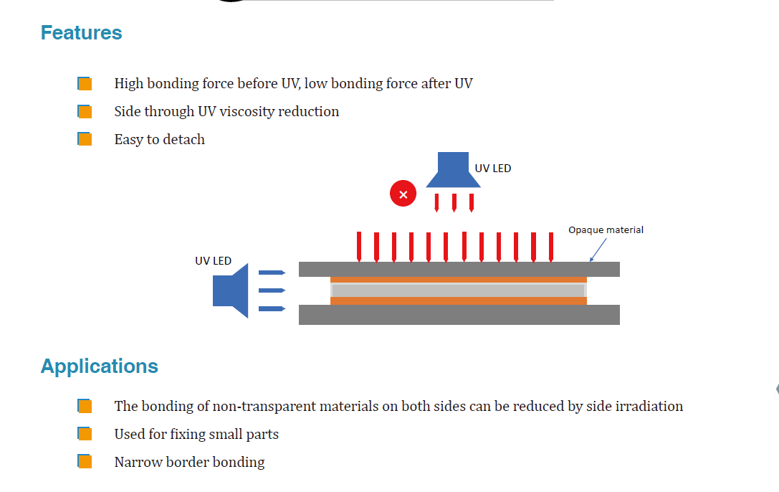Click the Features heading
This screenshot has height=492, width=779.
coord(82,33)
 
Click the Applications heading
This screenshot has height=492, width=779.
coord(100,366)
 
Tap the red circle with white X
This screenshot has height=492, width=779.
coord(403,194)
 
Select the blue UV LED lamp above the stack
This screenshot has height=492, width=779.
coord(453,170)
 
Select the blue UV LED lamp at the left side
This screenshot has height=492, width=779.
coord(231,290)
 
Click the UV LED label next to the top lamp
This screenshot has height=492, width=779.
coord(493,169)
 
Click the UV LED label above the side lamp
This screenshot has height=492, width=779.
coord(213,261)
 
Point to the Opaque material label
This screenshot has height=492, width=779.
coord(606,230)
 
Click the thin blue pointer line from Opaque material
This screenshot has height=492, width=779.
coord(598,250)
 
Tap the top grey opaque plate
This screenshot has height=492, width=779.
coord(459,270)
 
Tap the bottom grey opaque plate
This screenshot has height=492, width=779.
coord(459,315)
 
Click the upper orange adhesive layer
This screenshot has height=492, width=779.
coord(459,280)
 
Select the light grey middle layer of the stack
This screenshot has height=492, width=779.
coord(459,290)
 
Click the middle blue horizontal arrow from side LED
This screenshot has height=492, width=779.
coord(272,290)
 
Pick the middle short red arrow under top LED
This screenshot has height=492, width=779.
coord(454,203)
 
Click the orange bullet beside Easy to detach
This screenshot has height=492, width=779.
coord(85,139)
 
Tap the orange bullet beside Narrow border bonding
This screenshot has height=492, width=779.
coord(85,462)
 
